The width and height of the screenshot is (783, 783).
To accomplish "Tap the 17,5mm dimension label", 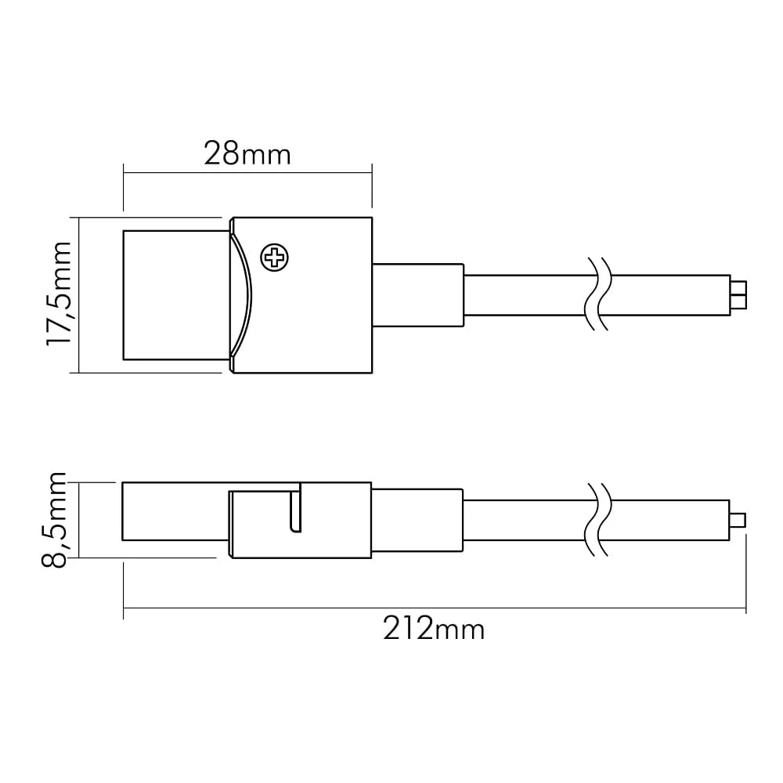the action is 59,294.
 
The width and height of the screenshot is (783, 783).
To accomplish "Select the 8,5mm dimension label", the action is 53,519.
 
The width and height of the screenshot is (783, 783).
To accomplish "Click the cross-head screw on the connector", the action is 275,258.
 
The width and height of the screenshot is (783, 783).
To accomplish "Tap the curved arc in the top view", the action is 242,296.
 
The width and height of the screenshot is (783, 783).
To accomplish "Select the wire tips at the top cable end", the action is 738,295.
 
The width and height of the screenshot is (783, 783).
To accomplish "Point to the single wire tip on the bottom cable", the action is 738,521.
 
